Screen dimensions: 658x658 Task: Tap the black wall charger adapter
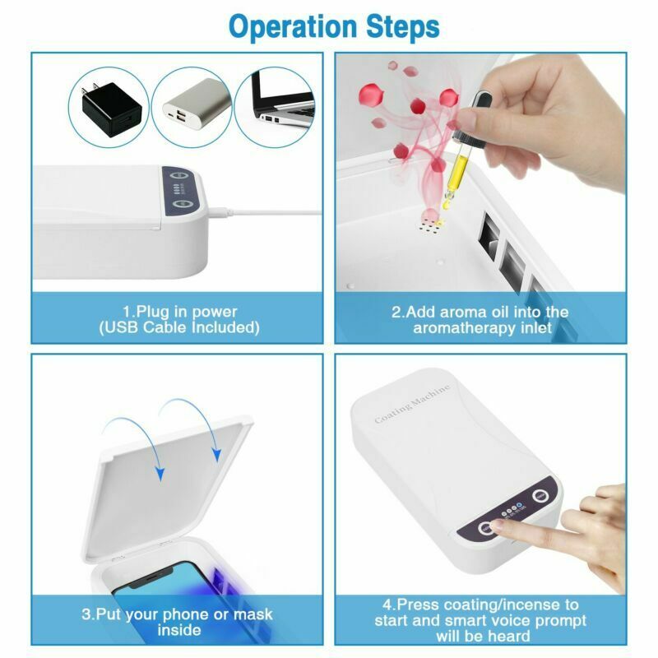pyautogui.click(x=111, y=109)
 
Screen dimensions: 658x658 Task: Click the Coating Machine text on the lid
pyautogui.click(x=412, y=403)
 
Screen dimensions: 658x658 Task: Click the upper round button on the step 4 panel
pyautogui.click(x=540, y=496)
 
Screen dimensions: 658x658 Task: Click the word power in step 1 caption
pyautogui.click(x=214, y=313)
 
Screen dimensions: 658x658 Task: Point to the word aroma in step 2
pyautogui.click(x=462, y=313)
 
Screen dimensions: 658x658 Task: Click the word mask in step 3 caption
pyautogui.click(x=253, y=614)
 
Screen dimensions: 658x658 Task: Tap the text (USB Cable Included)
pyautogui.click(x=179, y=327)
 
